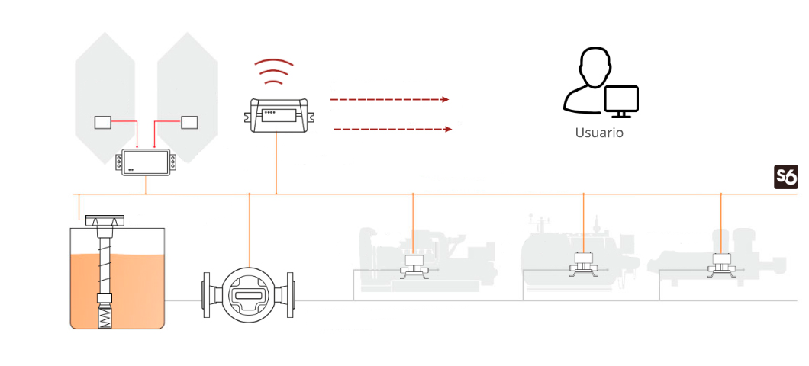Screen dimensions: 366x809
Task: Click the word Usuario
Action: (599, 133)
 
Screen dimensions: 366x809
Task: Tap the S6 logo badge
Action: (786, 178)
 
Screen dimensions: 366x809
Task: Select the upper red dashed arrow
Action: (389, 100)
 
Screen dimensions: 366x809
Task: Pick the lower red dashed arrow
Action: (393, 129)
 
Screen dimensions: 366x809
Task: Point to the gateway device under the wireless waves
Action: (276, 114)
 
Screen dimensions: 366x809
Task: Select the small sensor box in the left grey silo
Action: (103, 122)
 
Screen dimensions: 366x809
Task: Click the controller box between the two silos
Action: (146, 162)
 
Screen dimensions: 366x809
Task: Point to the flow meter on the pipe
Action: (247, 294)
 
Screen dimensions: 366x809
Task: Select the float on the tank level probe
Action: (105, 297)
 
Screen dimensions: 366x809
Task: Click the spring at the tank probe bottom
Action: (105, 316)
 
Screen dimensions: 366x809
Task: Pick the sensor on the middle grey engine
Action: (584, 263)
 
